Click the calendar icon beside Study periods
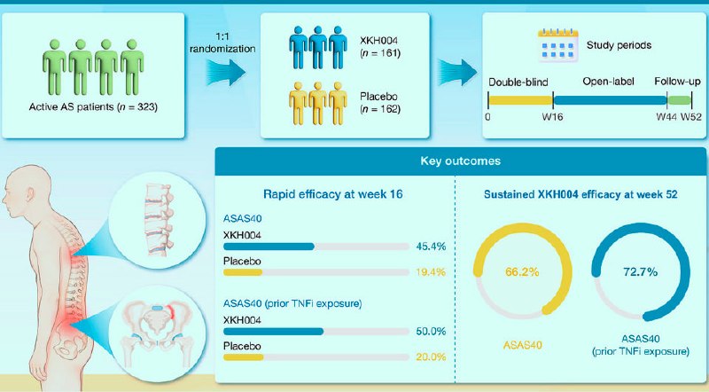[558, 45]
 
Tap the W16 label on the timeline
[552, 117]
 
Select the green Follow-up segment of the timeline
[680, 100]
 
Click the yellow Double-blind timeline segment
[521, 100]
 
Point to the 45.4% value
[431, 247]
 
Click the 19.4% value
[431, 272]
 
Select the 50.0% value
[431, 331]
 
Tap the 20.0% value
[431, 357]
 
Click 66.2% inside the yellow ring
[522, 272]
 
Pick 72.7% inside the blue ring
[640, 272]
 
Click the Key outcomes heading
[460, 161]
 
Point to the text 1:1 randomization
[222, 43]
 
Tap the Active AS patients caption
[93, 107]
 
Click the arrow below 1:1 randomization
[226, 72]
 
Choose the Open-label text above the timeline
[608, 82]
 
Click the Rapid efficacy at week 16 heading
[333, 194]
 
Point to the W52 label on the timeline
[691, 117]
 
